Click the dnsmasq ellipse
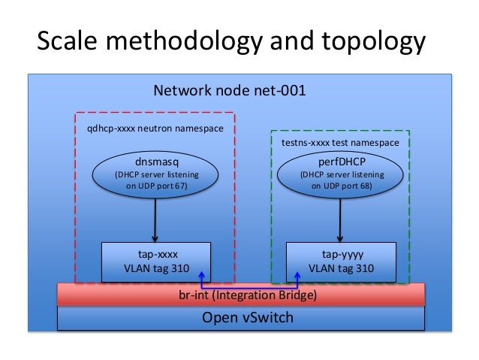point(155,174)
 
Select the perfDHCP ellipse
point(342,174)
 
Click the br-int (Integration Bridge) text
point(242,295)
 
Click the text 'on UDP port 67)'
point(155,186)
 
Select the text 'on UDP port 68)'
point(342,186)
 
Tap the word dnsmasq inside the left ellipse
point(155,161)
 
